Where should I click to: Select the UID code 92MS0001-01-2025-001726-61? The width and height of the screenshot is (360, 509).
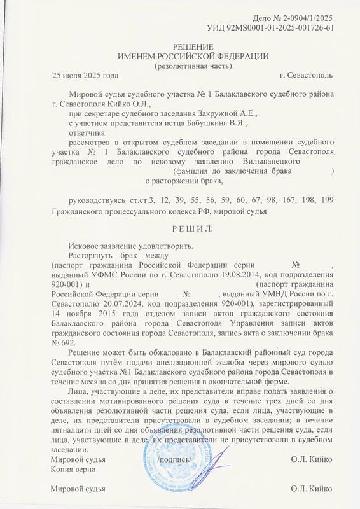pos(279,29)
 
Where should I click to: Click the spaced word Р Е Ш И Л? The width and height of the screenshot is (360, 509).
pos(179,227)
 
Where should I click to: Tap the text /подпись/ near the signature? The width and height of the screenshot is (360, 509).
pos(174,459)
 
